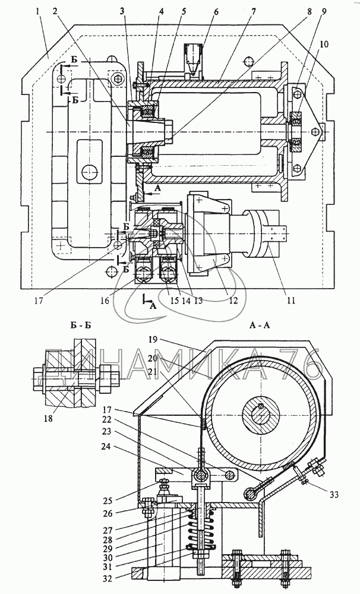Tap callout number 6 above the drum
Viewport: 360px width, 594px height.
pyautogui.click(x=216, y=11)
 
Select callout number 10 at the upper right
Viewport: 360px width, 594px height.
pyautogui.click(x=324, y=45)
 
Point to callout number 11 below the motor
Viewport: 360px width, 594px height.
pyautogui.click(x=290, y=301)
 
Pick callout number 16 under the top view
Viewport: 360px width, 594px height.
pyautogui.click(x=105, y=301)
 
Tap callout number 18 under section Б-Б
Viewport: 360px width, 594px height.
pyautogui.click(x=48, y=418)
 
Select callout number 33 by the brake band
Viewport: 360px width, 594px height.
pyautogui.click(x=334, y=494)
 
